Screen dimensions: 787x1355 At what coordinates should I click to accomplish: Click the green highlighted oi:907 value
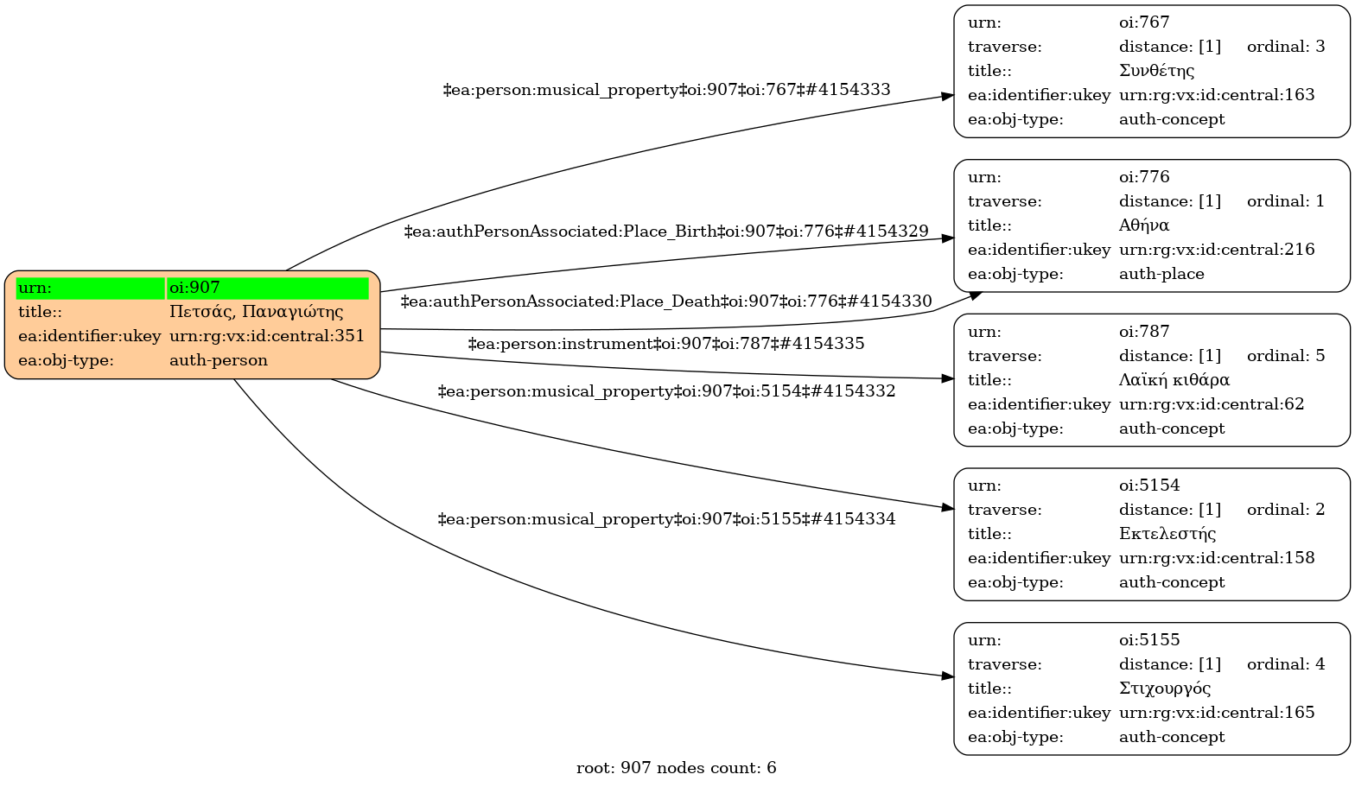click(x=268, y=288)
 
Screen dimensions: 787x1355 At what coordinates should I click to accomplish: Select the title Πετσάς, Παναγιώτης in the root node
click(x=256, y=312)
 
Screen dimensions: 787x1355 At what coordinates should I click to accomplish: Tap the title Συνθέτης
click(x=1156, y=71)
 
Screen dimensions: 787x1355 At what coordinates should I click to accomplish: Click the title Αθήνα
click(x=1143, y=225)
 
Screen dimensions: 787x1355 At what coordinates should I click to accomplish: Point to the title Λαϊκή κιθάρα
click(x=1174, y=380)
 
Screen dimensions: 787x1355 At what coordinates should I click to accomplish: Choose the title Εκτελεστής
click(x=1167, y=534)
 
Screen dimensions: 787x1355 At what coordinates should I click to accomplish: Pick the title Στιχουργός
click(x=1164, y=689)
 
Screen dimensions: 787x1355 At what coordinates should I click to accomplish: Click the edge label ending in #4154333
click(x=666, y=90)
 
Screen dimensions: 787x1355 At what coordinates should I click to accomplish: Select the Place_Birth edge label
click(x=665, y=232)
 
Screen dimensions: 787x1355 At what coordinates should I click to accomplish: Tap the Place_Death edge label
click(x=666, y=301)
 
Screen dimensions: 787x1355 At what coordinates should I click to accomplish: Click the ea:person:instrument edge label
click(x=665, y=344)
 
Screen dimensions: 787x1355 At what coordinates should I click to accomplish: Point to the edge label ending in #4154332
click(x=666, y=391)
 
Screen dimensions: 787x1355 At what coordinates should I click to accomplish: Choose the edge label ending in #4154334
click(x=666, y=519)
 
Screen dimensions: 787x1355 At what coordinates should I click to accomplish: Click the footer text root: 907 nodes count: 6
click(x=676, y=768)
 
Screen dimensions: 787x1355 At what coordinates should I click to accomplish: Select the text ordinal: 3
click(x=1285, y=47)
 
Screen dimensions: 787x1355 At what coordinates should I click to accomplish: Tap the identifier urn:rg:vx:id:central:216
click(x=1216, y=250)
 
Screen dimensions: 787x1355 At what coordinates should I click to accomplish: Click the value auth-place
click(x=1161, y=274)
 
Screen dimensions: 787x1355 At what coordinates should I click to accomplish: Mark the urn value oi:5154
click(x=1148, y=486)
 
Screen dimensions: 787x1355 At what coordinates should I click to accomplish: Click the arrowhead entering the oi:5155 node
click(x=947, y=676)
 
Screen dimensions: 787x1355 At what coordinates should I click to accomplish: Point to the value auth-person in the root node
click(x=218, y=360)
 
